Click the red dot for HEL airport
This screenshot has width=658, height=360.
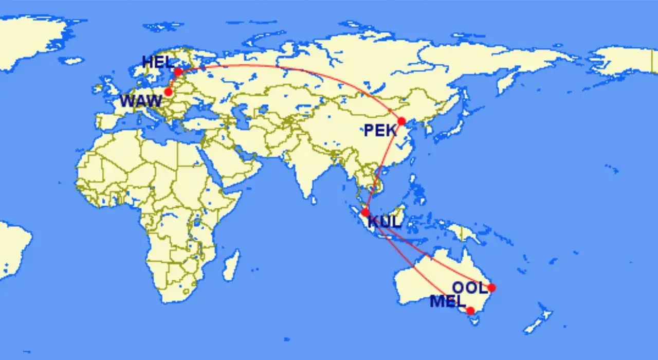pyautogui.click(x=178, y=72)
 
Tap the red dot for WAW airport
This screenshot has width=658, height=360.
pyautogui.click(x=168, y=92)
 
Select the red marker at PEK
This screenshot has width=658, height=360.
pyautogui.click(x=401, y=121)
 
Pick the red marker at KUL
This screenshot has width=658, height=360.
pyautogui.click(x=365, y=212)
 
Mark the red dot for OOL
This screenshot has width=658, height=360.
pyautogui.click(x=491, y=287)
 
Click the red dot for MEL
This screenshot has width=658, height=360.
pyautogui.click(x=470, y=311)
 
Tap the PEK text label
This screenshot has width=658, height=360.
pyautogui.click(x=380, y=131)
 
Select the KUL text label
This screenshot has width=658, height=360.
pyautogui.click(x=385, y=223)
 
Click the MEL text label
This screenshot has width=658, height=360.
pyautogui.click(x=448, y=301)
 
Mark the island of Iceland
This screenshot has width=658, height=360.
pyautogui.click(x=72, y=60)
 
